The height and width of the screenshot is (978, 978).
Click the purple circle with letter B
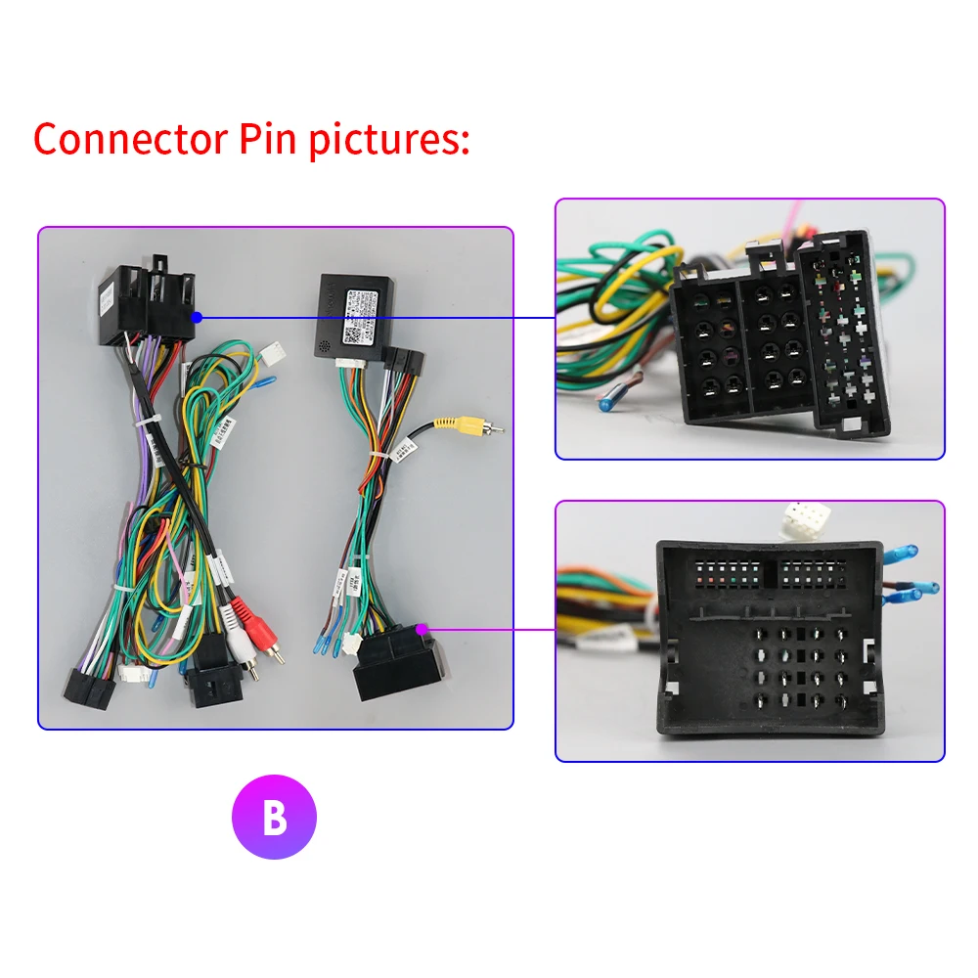click(x=274, y=818)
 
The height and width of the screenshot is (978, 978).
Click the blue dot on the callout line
click(x=198, y=317)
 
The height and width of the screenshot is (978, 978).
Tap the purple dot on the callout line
click(x=422, y=628)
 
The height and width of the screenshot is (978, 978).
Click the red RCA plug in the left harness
click(x=228, y=614)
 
